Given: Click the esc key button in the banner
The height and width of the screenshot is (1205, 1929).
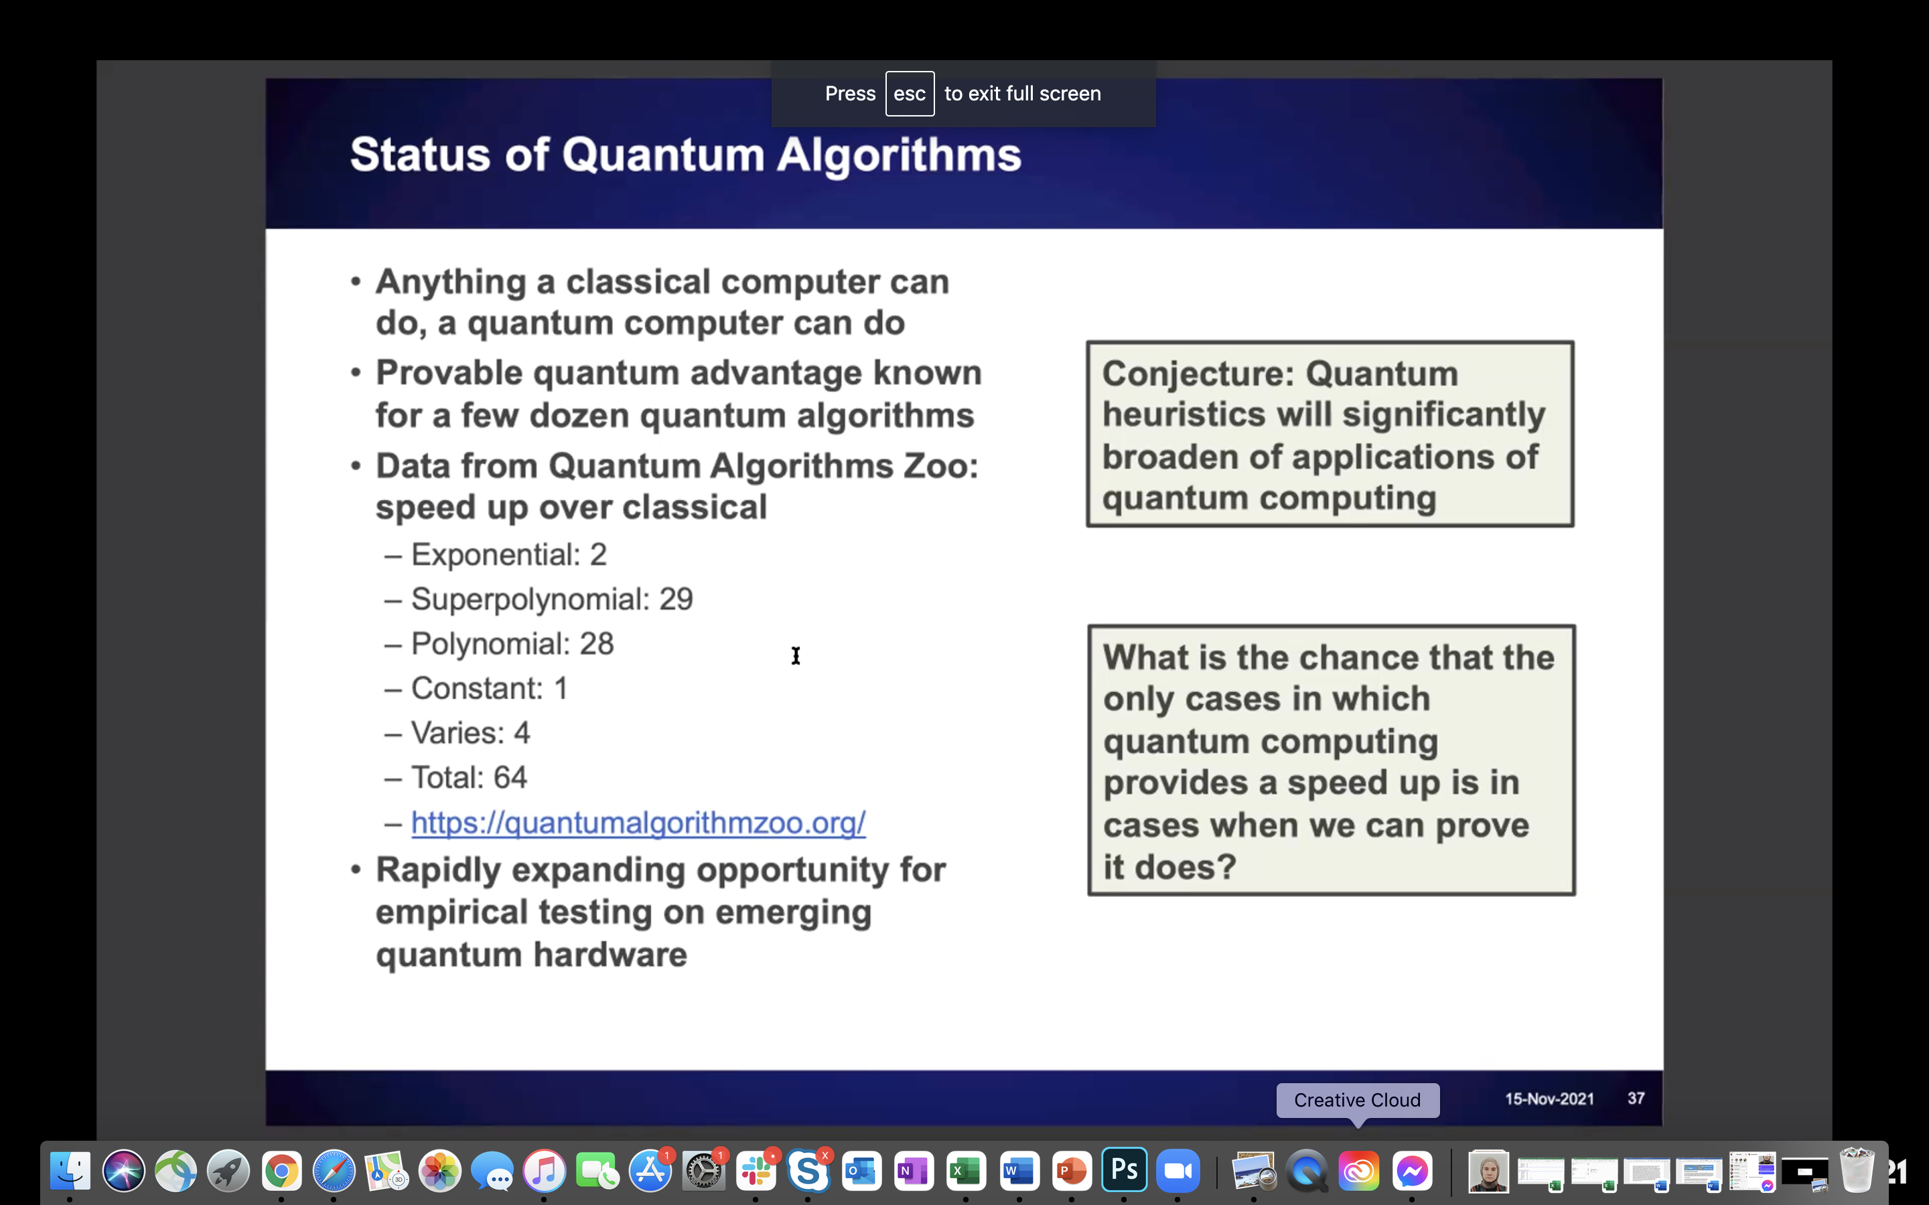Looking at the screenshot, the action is tap(910, 93).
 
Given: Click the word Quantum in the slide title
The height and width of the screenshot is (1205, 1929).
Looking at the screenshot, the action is tap(663, 155).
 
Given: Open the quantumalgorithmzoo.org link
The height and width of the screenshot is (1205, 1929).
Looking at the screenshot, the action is tap(638, 823).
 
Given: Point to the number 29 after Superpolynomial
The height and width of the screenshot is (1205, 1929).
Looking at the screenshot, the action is tap(676, 599).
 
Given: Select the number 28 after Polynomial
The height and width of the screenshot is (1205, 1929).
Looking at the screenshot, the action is tap(596, 644).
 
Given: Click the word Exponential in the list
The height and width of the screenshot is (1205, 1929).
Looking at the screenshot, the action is tap(496, 556).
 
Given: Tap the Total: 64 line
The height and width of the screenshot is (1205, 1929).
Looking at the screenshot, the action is tap(469, 778).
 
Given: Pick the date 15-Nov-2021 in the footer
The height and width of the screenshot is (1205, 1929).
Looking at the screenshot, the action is tap(1549, 1099).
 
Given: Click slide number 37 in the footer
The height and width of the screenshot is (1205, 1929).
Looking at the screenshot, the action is tap(1636, 1098).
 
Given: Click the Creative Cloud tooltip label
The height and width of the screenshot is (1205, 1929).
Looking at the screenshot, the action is tap(1358, 1100).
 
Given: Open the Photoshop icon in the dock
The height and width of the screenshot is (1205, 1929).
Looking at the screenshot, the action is tap(1124, 1171).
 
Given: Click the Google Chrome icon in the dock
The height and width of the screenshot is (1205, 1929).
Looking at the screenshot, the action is tap(281, 1171).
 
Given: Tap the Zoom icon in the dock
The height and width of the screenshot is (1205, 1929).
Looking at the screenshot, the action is tap(1177, 1171).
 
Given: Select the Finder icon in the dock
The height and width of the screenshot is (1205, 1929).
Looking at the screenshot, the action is tap(70, 1171).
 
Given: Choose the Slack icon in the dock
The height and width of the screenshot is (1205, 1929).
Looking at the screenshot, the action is tap(756, 1171).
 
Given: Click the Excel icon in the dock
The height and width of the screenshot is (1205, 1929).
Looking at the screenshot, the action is tap(966, 1171).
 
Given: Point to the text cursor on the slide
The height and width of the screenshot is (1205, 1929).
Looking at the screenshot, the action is tap(796, 656).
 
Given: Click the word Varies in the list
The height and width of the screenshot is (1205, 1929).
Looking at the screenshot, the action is tap(457, 733).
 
